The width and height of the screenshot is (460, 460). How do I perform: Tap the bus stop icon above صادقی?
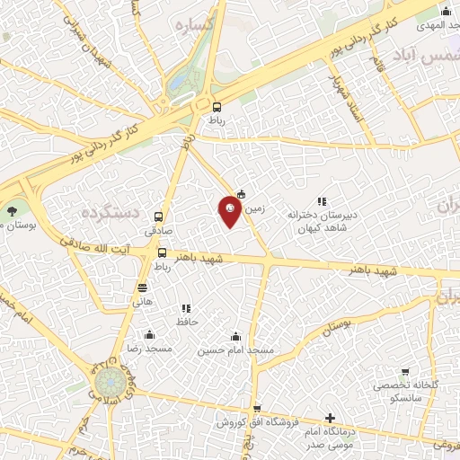(159, 217)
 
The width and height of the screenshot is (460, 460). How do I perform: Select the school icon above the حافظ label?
(186, 308)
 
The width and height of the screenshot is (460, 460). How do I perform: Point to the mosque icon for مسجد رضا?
(149, 334)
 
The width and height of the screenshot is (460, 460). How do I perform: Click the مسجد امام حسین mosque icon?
(237, 334)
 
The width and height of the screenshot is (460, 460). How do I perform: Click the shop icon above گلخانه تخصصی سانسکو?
(405, 372)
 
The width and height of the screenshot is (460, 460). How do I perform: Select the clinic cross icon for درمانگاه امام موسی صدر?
(331, 418)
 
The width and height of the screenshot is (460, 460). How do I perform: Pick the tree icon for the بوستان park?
(11, 212)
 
